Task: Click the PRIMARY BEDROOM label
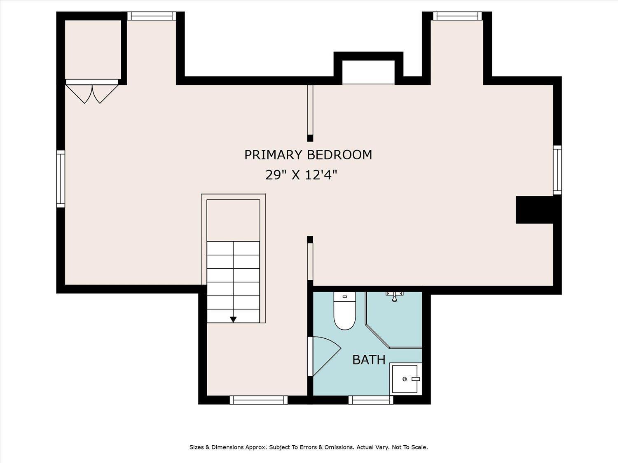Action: tap(308, 155)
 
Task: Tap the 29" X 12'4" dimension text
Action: tap(301, 175)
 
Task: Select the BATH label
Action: tap(369, 360)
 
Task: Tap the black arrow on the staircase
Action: tap(233, 319)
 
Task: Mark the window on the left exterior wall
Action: tap(61, 179)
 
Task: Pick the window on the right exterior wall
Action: tap(557, 170)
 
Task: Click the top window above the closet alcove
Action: tap(152, 16)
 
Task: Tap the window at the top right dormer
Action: tap(457, 16)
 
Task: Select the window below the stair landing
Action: tap(258, 400)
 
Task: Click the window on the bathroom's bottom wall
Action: tap(370, 400)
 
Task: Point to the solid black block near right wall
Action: tap(534, 210)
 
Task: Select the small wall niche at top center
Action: tap(368, 72)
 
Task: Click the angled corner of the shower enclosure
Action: tap(377, 335)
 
